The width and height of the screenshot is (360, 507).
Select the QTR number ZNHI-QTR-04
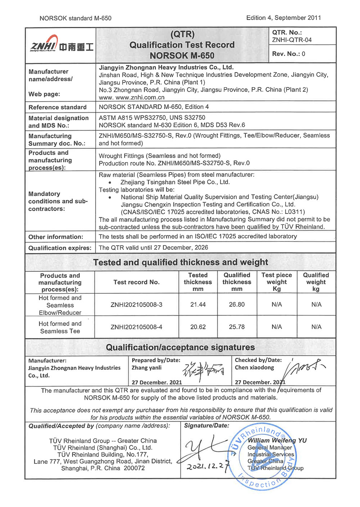click(292, 40)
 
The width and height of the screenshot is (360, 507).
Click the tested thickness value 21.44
click(198, 305)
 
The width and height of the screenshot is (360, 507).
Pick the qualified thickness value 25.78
click(237, 327)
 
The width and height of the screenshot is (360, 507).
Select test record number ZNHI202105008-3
click(136, 305)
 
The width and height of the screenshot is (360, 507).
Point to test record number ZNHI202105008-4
click(136, 327)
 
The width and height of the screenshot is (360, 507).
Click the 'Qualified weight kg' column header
click(316, 282)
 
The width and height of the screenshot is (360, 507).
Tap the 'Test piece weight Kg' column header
click(276, 282)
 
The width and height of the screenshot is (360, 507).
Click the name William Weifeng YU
click(277, 440)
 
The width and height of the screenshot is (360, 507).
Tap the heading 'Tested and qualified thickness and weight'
click(180, 262)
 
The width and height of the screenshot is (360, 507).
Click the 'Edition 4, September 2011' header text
click(283, 18)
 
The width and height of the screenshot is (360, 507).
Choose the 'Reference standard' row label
click(58, 107)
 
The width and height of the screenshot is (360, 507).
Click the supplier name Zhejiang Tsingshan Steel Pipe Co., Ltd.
click(175, 182)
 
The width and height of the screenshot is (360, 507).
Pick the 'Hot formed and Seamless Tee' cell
click(60, 327)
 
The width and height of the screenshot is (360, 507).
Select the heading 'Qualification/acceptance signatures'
click(180, 347)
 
